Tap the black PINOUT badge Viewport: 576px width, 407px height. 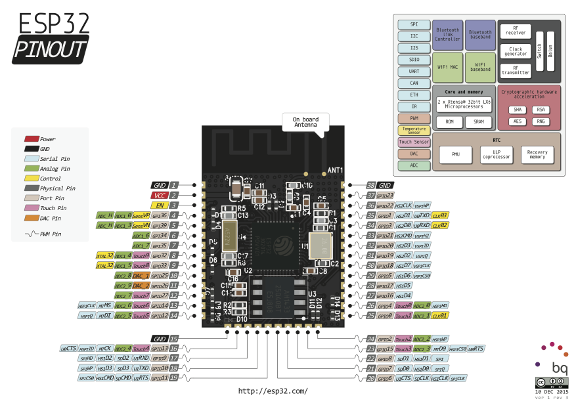(x=51, y=49)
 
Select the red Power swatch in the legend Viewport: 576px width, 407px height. (x=32, y=139)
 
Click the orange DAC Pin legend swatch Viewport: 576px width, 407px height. (x=32, y=218)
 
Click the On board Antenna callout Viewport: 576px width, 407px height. (x=305, y=122)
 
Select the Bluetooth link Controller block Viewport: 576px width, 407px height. (x=447, y=35)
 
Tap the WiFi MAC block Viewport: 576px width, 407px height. (x=447, y=68)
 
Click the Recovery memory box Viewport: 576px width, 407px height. (x=537, y=156)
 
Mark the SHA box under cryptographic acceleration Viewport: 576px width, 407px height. (x=518, y=110)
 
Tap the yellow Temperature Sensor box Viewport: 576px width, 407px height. (x=414, y=131)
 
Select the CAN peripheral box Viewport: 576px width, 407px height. (x=414, y=83)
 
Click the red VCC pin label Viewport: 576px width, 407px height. (x=159, y=195)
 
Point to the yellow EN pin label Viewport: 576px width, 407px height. (x=159, y=205)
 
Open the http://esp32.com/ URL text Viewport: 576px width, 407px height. (x=273, y=391)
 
